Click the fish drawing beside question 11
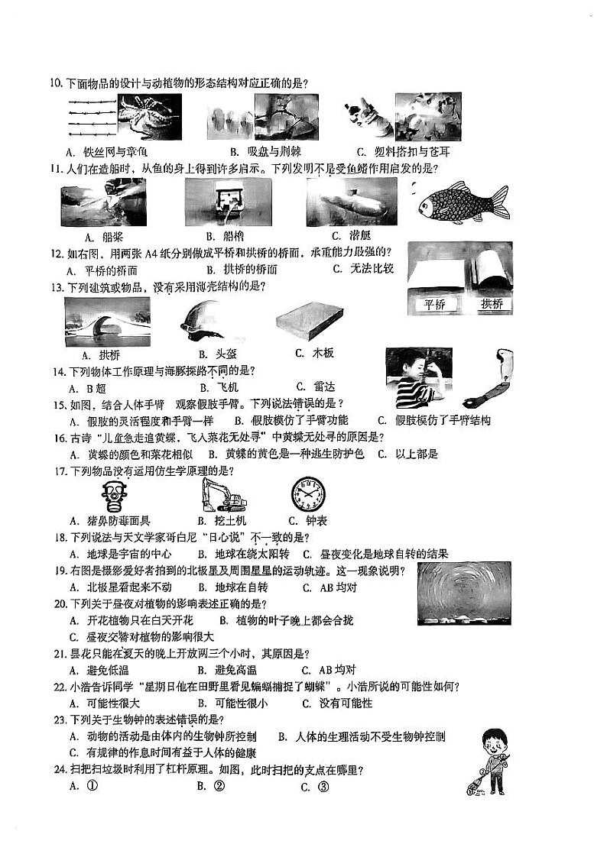point(461,203)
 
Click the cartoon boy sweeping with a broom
point(487,761)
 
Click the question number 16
point(57,437)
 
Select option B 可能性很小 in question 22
point(232,703)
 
